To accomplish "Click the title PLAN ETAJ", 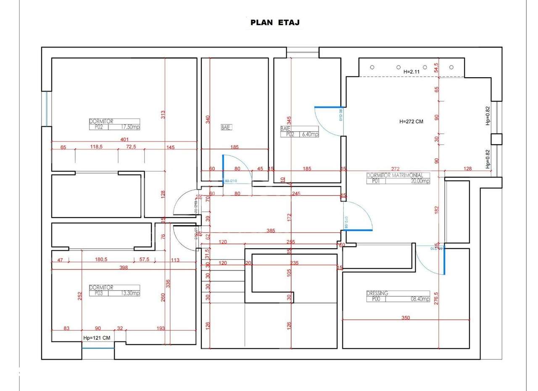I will coord(275,23).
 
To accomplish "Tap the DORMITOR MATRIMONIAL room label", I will coord(398,175).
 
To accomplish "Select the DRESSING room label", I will coord(377,293).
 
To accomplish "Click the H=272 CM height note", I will coord(411,121).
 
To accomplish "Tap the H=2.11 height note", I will coord(411,72).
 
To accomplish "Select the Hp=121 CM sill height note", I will coord(97,338).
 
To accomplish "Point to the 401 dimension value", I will coord(124,139).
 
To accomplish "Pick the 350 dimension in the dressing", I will coord(405,318).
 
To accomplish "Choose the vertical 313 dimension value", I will coord(163,114).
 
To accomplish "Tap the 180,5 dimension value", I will coord(101,260).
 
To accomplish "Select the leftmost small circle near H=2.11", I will coord(372,67).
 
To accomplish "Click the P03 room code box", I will coord(98,293).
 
